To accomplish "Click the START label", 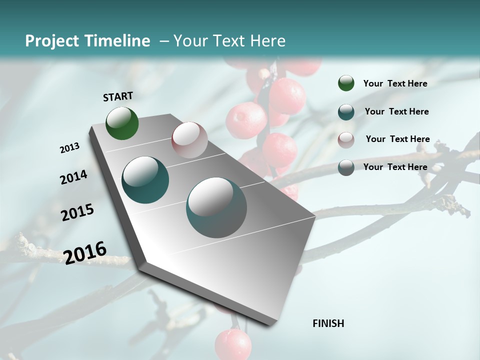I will tap(118, 96).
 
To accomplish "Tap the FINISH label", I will tap(328, 323).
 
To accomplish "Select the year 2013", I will tap(70, 148).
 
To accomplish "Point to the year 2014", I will tap(73, 177).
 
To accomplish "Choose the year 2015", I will tap(77, 212).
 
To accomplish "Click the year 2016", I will tap(85, 252).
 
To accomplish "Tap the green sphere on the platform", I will tap(122, 123).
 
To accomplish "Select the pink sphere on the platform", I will tap(189, 140).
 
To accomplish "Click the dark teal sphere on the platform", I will tap(145, 180).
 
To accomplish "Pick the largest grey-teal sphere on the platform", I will tap(216, 207).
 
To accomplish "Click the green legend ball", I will tap(346, 83).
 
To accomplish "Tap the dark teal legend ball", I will tap(346, 111).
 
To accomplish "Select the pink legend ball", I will tap(346, 140).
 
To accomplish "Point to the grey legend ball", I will tap(346, 167).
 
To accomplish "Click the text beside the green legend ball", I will tap(395, 83).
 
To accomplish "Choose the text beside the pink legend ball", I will tap(397, 139).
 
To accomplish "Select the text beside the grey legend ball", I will tap(395, 167).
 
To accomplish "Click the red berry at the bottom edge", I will tap(233, 345).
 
